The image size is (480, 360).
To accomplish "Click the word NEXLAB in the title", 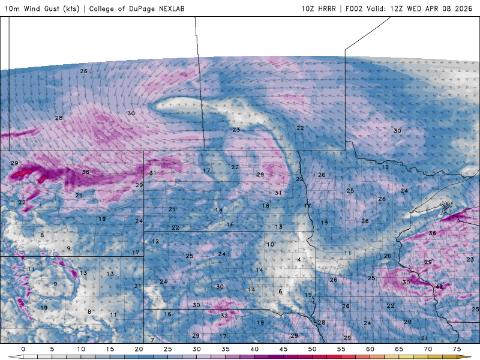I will pyautogui.click(x=158, y=9).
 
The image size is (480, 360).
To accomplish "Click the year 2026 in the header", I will pyautogui.click(x=463, y=9).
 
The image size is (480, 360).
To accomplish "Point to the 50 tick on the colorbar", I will pyautogui.click(x=312, y=349).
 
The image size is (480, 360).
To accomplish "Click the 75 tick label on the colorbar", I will pyautogui.click(x=457, y=349).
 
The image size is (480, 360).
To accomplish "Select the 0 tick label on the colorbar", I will pyautogui.click(x=23, y=349).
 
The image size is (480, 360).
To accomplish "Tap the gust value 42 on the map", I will pyautogui.click(x=439, y=287).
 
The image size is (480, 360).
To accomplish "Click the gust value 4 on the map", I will pyautogui.click(x=298, y=259).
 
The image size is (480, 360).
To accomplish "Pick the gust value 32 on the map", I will pyautogui.click(x=224, y=315).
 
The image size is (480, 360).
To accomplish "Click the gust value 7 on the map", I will pyautogui.click(x=152, y=340).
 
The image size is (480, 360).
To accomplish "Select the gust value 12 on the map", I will pyautogui.click(x=155, y=241).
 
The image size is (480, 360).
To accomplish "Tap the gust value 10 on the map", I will pyautogui.click(x=270, y=244).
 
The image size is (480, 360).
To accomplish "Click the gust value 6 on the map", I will pyautogui.click(x=280, y=292).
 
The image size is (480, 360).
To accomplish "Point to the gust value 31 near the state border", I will pyautogui.click(x=153, y=173).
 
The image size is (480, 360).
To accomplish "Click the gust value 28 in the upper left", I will pyautogui.click(x=59, y=118).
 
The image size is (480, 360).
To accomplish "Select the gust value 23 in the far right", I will pyautogui.click(x=470, y=259).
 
